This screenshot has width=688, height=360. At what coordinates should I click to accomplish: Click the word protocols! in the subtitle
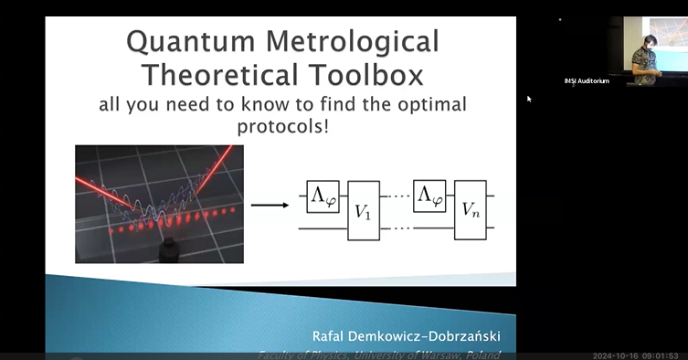[x=282, y=125]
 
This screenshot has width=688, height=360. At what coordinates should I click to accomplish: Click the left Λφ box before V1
[x=322, y=196]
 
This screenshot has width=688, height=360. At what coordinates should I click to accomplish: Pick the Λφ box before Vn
[x=429, y=196]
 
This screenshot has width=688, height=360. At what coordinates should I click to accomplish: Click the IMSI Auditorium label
[x=586, y=81]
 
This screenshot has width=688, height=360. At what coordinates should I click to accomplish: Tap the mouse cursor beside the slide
[x=529, y=99]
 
